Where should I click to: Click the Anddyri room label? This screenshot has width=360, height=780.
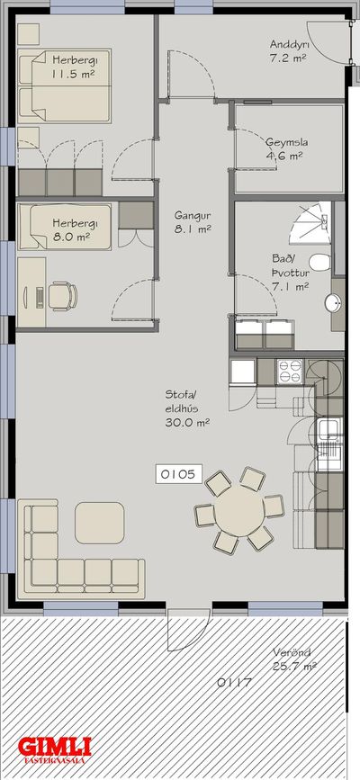coord(289,50)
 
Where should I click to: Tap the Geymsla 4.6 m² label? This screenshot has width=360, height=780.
coord(286,148)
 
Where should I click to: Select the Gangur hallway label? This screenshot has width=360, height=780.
coord(193,222)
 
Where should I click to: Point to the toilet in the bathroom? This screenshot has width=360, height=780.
coord(320,262)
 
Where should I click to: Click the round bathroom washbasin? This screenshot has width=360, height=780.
coord(334,302)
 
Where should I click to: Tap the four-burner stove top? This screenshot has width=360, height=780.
coord(290,371)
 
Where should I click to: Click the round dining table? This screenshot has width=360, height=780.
coord(239,510)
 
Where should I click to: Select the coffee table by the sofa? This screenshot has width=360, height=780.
coord(100,523)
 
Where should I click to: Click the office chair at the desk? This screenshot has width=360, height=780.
coord(63,296)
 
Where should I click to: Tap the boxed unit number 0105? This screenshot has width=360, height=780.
coord(179,474)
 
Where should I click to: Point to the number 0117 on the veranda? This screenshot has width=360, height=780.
coord(234,683)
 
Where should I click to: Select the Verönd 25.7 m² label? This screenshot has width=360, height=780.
coord(294,659)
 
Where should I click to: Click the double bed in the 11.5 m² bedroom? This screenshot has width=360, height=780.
coord(64,85)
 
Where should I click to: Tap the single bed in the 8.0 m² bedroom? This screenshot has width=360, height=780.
coord(64,227)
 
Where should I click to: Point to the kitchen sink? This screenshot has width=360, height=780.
coord(329,429)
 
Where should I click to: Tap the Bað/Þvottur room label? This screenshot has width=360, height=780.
coord(291,272)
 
